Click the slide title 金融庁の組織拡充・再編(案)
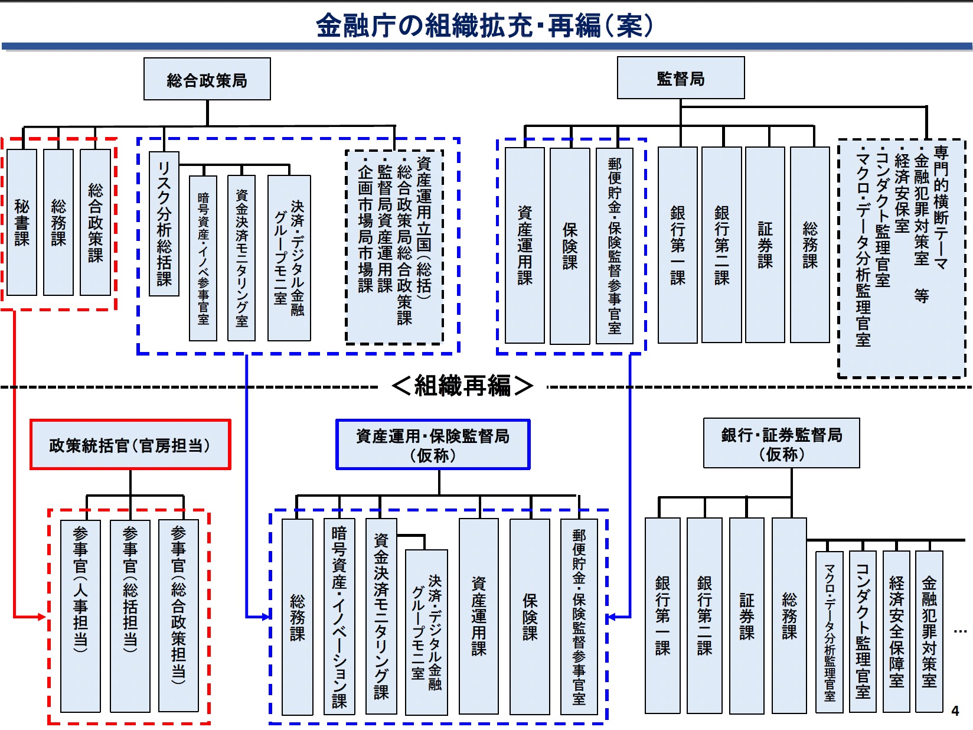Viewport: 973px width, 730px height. click(x=485, y=25)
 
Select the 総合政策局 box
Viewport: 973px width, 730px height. click(x=207, y=79)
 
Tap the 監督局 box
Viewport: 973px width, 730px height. click(x=680, y=78)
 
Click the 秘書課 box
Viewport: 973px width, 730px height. click(x=22, y=222)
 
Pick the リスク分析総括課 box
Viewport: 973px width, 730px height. click(x=164, y=223)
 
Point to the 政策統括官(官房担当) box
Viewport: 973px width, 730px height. click(x=130, y=445)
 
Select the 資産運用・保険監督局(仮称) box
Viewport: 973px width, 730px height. click(x=433, y=445)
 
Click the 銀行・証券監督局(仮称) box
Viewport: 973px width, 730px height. click(x=781, y=444)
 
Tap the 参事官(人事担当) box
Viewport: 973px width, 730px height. click(x=80, y=615)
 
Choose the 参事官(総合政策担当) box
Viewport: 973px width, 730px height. click(x=178, y=615)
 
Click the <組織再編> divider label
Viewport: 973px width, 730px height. click(x=462, y=386)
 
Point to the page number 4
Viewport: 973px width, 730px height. click(x=955, y=711)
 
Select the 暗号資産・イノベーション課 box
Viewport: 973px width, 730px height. click(x=339, y=617)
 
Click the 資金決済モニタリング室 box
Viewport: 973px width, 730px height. click(x=241, y=258)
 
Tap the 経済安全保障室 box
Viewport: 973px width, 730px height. click(x=896, y=631)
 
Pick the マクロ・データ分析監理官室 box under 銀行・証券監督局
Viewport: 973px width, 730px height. click(x=829, y=631)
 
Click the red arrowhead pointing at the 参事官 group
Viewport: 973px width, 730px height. click(x=41, y=617)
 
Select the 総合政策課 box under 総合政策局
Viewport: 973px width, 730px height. click(x=95, y=222)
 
